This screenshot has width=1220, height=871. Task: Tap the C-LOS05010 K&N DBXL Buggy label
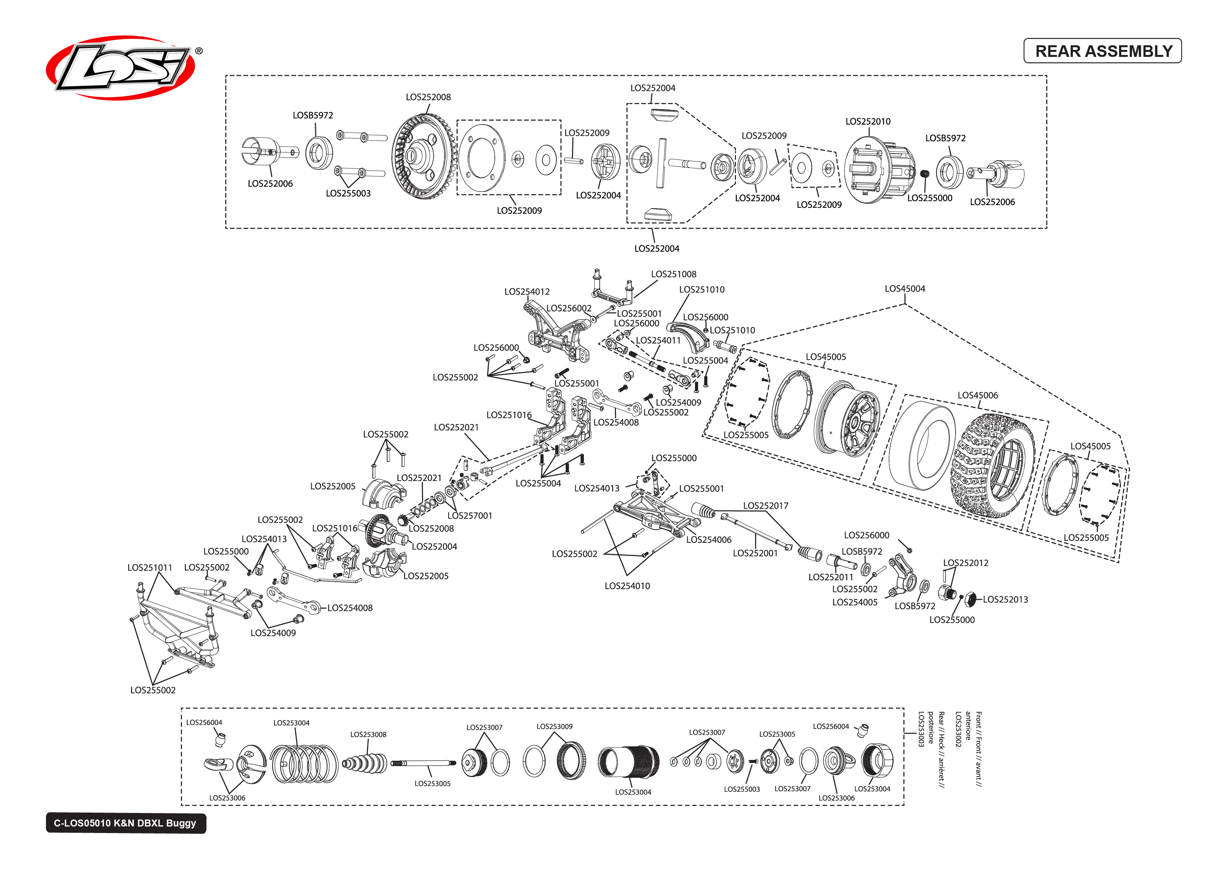point(125,823)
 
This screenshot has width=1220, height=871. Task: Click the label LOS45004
point(904,289)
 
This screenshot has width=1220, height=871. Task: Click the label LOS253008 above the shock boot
point(368,734)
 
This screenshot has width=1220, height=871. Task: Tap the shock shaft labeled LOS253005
point(424,763)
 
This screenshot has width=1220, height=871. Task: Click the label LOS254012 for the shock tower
point(527,292)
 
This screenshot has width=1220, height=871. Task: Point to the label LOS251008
point(673,274)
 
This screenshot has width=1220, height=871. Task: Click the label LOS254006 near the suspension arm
point(708,539)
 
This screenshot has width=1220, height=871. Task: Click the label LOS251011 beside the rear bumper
point(150,567)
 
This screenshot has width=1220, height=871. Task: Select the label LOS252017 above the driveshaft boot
point(765,506)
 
